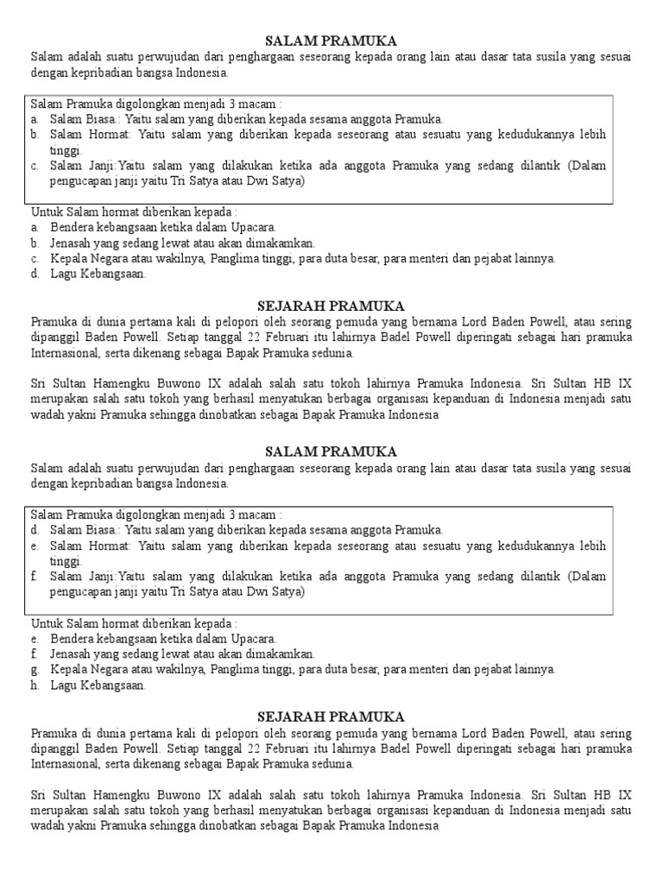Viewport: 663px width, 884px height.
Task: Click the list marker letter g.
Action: click(x=35, y=669)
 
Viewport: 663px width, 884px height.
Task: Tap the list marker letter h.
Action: click(x=35, y=685)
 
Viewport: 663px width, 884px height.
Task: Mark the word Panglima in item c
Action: click(x=233, y=259)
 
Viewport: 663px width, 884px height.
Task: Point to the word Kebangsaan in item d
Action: click(x=113, y=275)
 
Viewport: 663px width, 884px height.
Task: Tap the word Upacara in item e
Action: click(x=252, y=639)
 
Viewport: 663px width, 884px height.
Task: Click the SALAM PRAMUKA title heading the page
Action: click(x=331, y=41)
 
